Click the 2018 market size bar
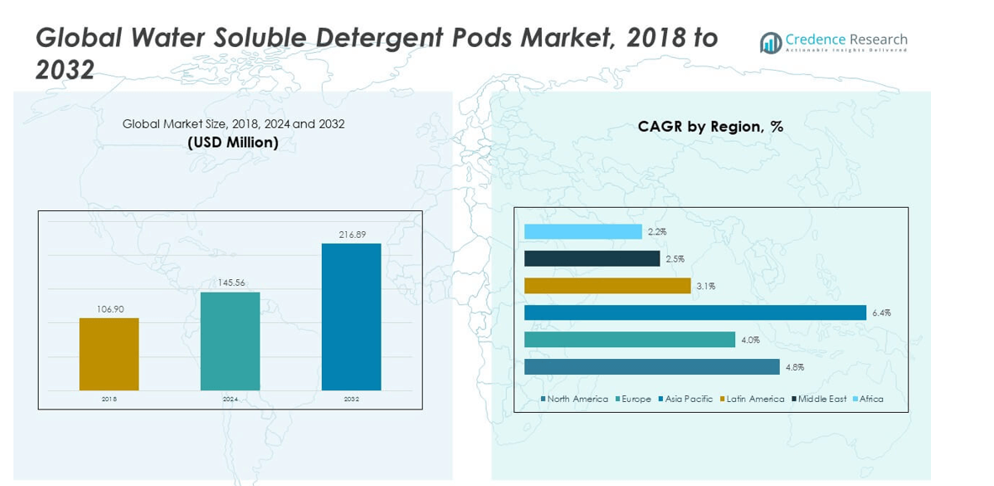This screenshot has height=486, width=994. pos(109,354)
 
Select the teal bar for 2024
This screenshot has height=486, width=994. pos(230,341)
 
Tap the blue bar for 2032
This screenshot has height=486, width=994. pos(351,317)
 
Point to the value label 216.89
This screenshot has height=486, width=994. pos(352,235)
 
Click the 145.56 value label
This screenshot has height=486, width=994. pos(230,283)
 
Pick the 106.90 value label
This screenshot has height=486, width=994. pos(110,309)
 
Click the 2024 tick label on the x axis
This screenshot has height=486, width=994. pos(230,399)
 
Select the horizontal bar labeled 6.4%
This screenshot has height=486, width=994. pos(695,313)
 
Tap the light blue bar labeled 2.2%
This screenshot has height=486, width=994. pos(583,231)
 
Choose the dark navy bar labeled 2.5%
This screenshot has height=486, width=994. pos(592,258)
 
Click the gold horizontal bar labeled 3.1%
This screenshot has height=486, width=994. pos(607,286)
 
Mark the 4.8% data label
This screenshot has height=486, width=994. pos(795,367)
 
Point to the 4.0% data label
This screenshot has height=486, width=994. pos(750,340)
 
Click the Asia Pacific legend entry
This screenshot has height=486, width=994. pos(688,399)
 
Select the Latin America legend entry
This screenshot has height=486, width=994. pos(755,399)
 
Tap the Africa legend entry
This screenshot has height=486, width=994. pos(870,399)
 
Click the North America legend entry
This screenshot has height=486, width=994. pos(576,399)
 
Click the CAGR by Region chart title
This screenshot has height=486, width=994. pos(710,127)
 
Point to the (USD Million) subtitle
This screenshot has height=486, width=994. pos(233,143)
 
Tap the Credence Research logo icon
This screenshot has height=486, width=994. pos(770,43)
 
